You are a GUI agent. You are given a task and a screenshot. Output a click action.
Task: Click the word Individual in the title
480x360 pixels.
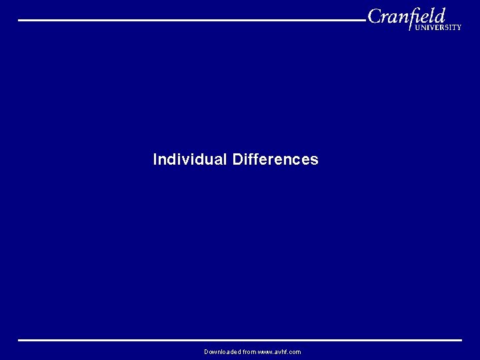pyautogui.click(x=190, y=160)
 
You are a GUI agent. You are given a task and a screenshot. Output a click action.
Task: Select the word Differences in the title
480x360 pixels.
pyautogui.click(x=275, y=160)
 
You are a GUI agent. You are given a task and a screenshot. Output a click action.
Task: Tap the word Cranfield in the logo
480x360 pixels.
pyautogui.click(x=406, y=16)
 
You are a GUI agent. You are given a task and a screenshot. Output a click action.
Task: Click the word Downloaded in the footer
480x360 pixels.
pyautogui.click(x=222, y=352)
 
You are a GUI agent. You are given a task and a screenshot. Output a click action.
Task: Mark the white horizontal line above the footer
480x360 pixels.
pyautogui.click(x=240, y=340)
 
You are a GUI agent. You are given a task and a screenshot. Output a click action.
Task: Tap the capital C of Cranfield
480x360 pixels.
pyautogui.click(x=375, y=16)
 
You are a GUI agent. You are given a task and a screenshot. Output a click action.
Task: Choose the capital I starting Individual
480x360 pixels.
pyautogui.click(x=155, y=160)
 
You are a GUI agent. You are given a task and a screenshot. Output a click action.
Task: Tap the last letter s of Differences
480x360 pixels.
pyautogui.click(x=315, y=161)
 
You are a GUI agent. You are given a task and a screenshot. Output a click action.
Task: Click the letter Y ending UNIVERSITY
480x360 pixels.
pyautogui.click(x=458, y=28)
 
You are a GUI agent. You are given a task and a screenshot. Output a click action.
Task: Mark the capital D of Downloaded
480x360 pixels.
pyautogui.click(x=207, y=352)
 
